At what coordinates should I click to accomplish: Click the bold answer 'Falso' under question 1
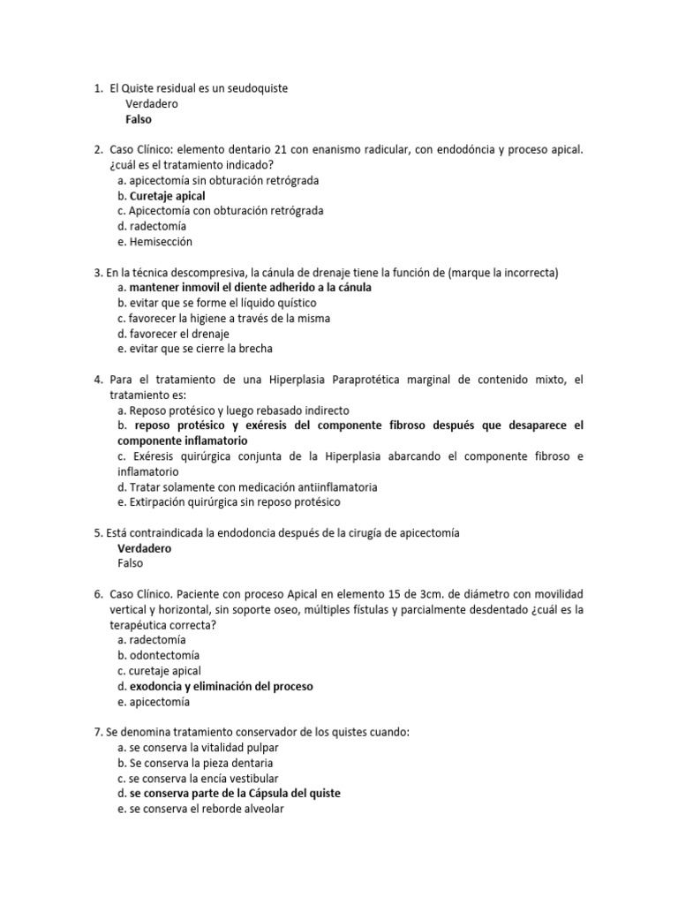(139, 119)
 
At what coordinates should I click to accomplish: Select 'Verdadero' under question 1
(151, 104)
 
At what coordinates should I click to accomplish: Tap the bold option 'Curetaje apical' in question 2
(167, 195)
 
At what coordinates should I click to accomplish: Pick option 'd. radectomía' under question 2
(151, 226)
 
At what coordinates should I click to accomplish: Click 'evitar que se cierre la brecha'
(200, 349)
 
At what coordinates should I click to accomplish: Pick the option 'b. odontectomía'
(158, 655)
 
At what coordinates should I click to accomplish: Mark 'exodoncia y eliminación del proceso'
(221, 686)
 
